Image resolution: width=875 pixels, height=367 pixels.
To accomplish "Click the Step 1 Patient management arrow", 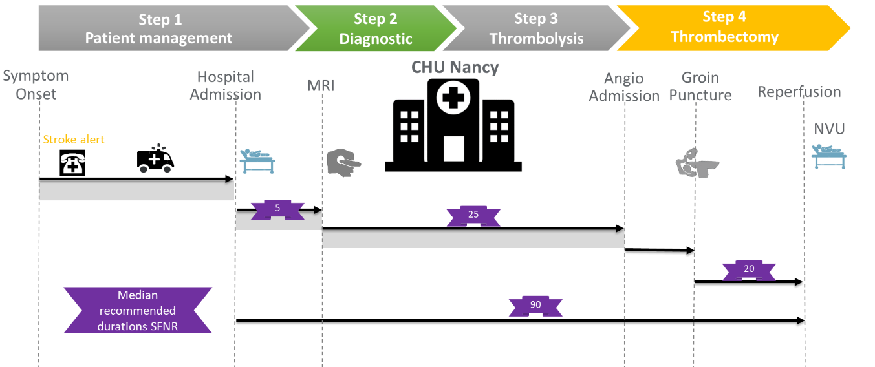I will coord(159,29).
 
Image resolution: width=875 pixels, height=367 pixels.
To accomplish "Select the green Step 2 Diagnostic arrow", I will coord(375,29).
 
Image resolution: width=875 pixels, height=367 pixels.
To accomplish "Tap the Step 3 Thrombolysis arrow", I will coord(536,29).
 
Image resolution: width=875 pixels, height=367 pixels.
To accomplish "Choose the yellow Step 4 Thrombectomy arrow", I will coord(725,27).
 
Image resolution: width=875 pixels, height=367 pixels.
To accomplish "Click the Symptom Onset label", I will coord(36,85).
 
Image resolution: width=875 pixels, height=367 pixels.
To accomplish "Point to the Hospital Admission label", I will coord(226,86).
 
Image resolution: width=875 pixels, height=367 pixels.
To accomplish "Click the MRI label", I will coord(321,85).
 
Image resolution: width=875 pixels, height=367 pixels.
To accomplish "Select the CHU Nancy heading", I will coord(456,67).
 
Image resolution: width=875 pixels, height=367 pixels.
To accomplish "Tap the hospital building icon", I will coord(453,125).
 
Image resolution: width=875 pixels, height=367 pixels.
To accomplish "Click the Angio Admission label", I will coord(624,87).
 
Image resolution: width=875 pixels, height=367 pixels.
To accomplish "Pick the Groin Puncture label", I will coord(700,87).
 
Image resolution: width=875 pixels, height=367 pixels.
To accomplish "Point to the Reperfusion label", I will coord(799,92).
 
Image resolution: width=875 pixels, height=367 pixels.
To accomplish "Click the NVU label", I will coord(829,129).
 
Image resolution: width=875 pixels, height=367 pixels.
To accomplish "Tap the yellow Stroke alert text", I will coord(74,140).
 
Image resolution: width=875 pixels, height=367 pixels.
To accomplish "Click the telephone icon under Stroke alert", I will coord(72,164).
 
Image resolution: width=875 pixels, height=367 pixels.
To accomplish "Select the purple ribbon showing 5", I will coord(277,209).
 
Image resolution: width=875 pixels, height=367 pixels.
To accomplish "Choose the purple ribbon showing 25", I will coord(473,215).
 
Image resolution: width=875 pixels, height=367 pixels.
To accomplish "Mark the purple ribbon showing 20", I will coord(749,269).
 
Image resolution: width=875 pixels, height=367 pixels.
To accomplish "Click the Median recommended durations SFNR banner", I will coord(138,311).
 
